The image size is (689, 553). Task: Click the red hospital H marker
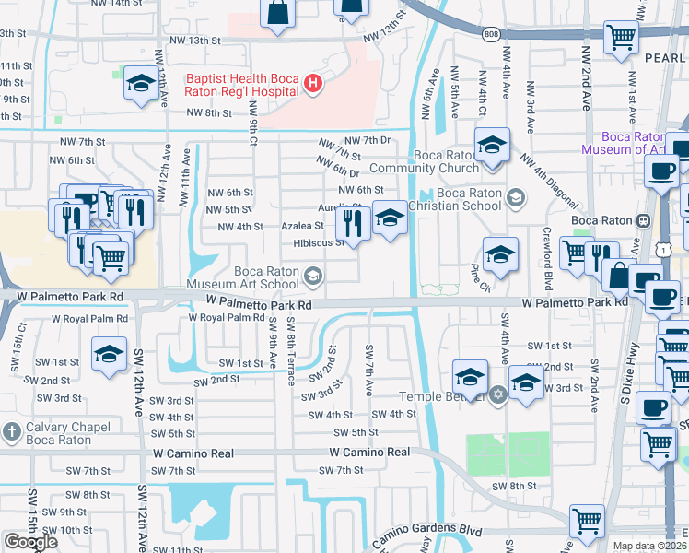[x=313, y=85]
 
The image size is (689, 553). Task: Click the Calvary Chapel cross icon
[x=11, y=431]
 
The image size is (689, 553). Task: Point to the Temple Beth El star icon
[x=499, y=394]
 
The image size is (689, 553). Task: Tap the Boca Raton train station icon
[x=644, y=220]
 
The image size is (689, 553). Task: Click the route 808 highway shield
[x=488, y=34]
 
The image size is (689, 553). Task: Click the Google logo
[x=30, y=542]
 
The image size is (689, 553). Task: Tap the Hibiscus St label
[x=318, y=243]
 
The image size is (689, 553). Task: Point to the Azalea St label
[x=302, y=226]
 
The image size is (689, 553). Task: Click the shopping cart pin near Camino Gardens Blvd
[x=587, y=521]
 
